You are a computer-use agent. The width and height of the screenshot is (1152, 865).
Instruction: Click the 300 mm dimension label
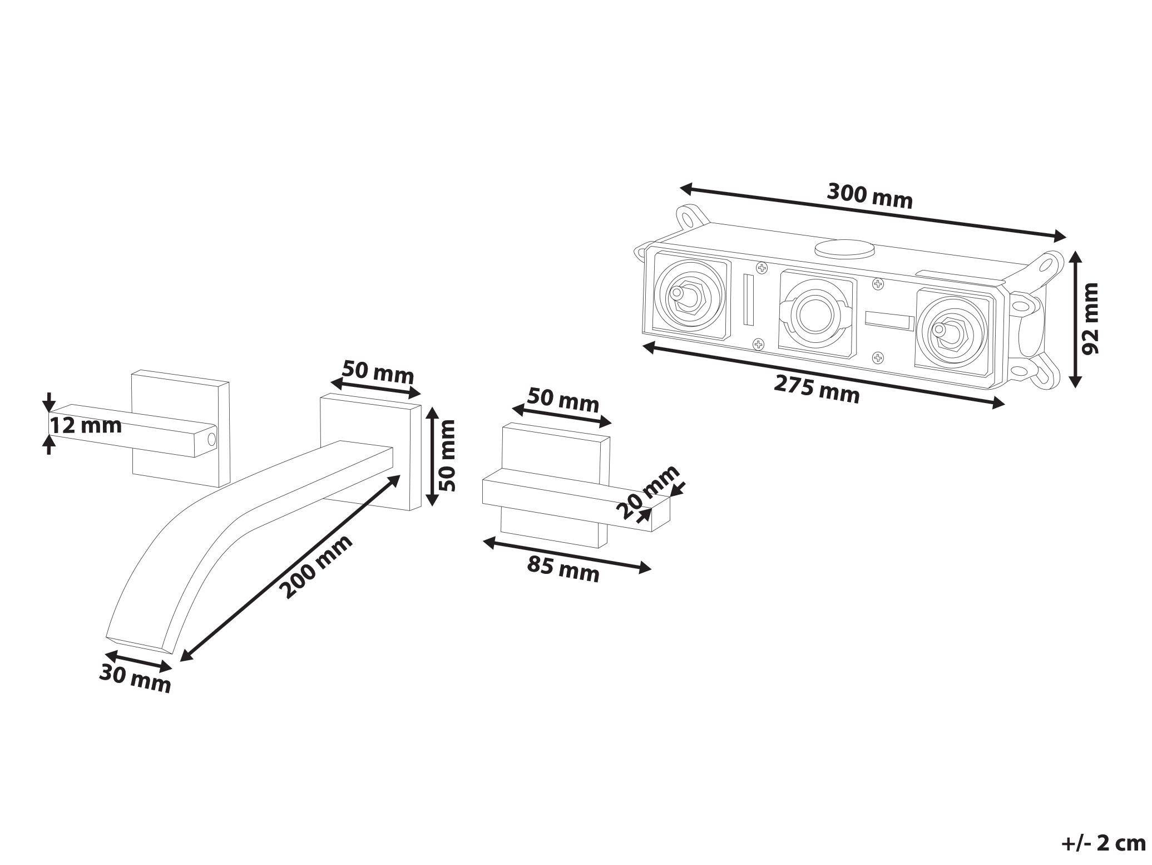(869, 195)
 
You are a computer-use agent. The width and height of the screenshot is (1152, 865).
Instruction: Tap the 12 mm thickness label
(86, 426)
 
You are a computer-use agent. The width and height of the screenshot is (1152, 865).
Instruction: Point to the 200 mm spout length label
(315, 566)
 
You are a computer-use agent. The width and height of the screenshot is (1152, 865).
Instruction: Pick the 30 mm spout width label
(135, 680)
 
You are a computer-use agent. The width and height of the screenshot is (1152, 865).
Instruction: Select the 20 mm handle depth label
(648, 492)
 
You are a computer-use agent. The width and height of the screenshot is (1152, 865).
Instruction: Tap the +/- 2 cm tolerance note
(1103, 843)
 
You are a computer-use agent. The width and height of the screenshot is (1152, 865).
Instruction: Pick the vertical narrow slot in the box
(749, 299)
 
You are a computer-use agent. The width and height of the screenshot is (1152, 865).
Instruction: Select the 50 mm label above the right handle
(563, 400)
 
